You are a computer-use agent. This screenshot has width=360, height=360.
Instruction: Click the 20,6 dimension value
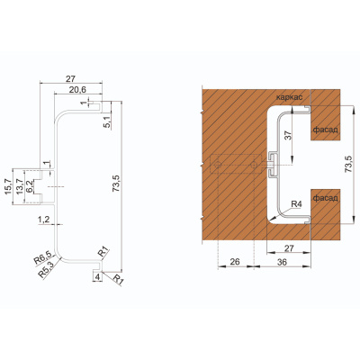pyautogui.click(x=77, y=89)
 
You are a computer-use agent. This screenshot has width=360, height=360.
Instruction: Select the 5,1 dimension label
pyautogui.click(x=106, y=121)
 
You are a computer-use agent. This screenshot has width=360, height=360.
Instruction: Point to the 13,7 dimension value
pyautogui.click(x=19, y=186)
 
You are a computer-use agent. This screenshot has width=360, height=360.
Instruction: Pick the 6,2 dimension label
pyautogui.click(x=29, y=186)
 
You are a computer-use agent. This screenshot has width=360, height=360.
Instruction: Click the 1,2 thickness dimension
pyautogui.click(x=43, y=220)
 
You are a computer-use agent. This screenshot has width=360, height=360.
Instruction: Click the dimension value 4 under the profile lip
pyautogui.click(x=97, y=277)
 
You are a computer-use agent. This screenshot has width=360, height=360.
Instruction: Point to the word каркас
pyautogui.click(x=289, y=97)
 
